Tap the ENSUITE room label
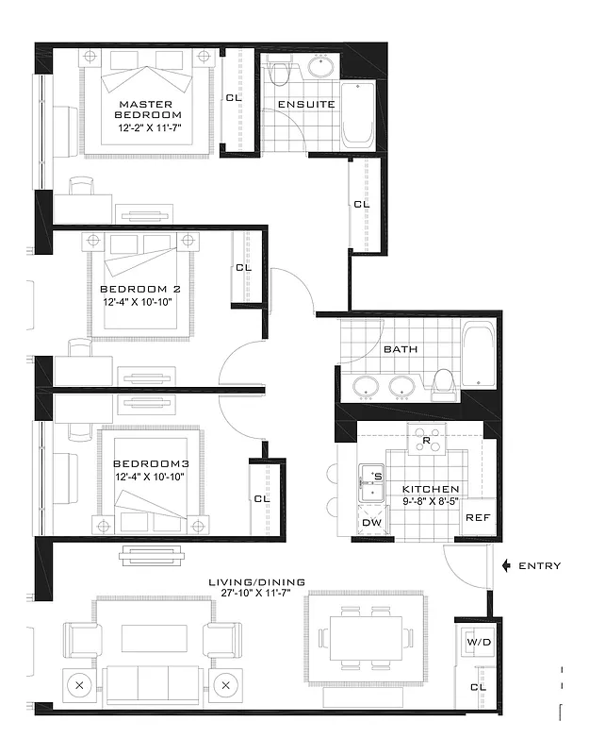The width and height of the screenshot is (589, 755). (306, 103)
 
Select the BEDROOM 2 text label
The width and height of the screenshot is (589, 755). (139, 289)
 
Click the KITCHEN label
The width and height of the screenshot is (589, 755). (431, 490)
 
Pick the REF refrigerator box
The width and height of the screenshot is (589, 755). (477, 517)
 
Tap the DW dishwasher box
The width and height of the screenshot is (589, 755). (371, 523)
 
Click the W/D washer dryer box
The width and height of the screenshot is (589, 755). (477, 643)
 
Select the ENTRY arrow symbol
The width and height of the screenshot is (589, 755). (507, 566)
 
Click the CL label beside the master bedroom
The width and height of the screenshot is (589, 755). (232, 97)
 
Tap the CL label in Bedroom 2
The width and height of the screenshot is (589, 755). (244, 268)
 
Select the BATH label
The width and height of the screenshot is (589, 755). (401, 349)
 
